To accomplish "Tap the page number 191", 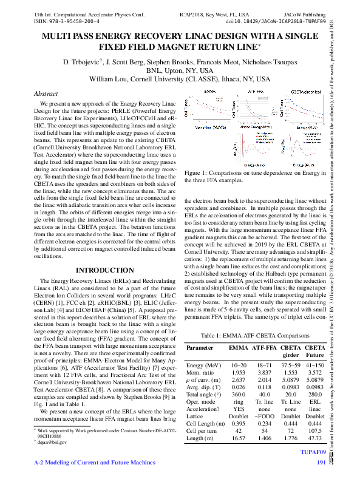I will click(x=322, y=463).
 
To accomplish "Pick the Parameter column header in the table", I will click(x=200, y=348).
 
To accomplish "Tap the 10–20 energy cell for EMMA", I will click(x=239, y=365).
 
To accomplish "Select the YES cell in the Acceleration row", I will click(x=239, y=409).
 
